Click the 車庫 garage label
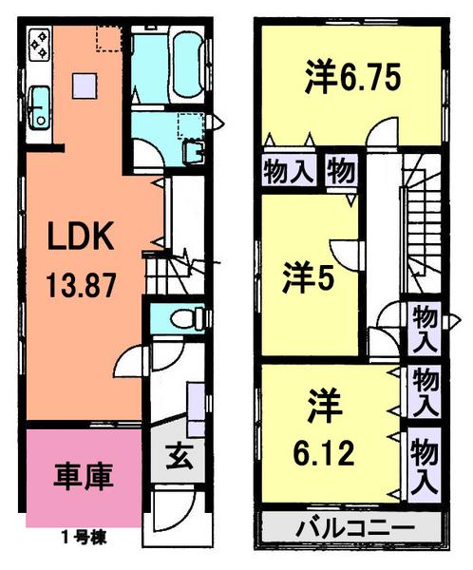coord(83,475)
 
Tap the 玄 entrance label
coord(181,456)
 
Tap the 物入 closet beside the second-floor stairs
coord(424,328)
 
